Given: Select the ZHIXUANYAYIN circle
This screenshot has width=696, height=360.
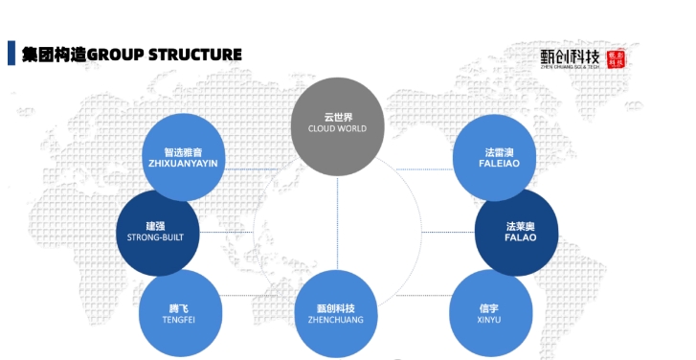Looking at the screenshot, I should pyautogui.click(x=183, y=158).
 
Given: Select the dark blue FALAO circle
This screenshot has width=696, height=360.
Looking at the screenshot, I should pyautogui.click(x=517, y=231).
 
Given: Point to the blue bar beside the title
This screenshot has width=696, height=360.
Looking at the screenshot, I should pyautogui.click(x=11, y=54).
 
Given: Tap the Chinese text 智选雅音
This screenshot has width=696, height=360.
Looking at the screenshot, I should pyautogui.click(x=183, y=151).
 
